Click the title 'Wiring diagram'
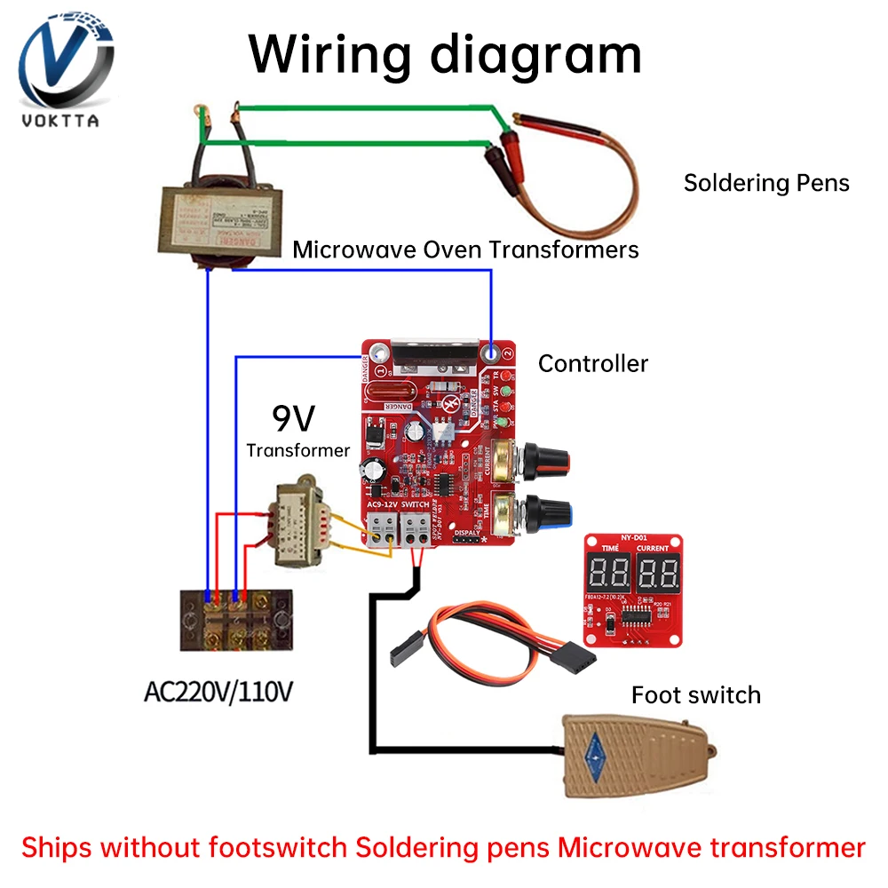pos(445,54)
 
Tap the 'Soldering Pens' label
pos(765,183)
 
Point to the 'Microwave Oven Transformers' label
pos(465,250)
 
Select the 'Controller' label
pos(593,363)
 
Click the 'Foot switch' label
pos(695,694)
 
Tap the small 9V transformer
pos(303,529)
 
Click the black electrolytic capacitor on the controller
pos(372,470)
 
